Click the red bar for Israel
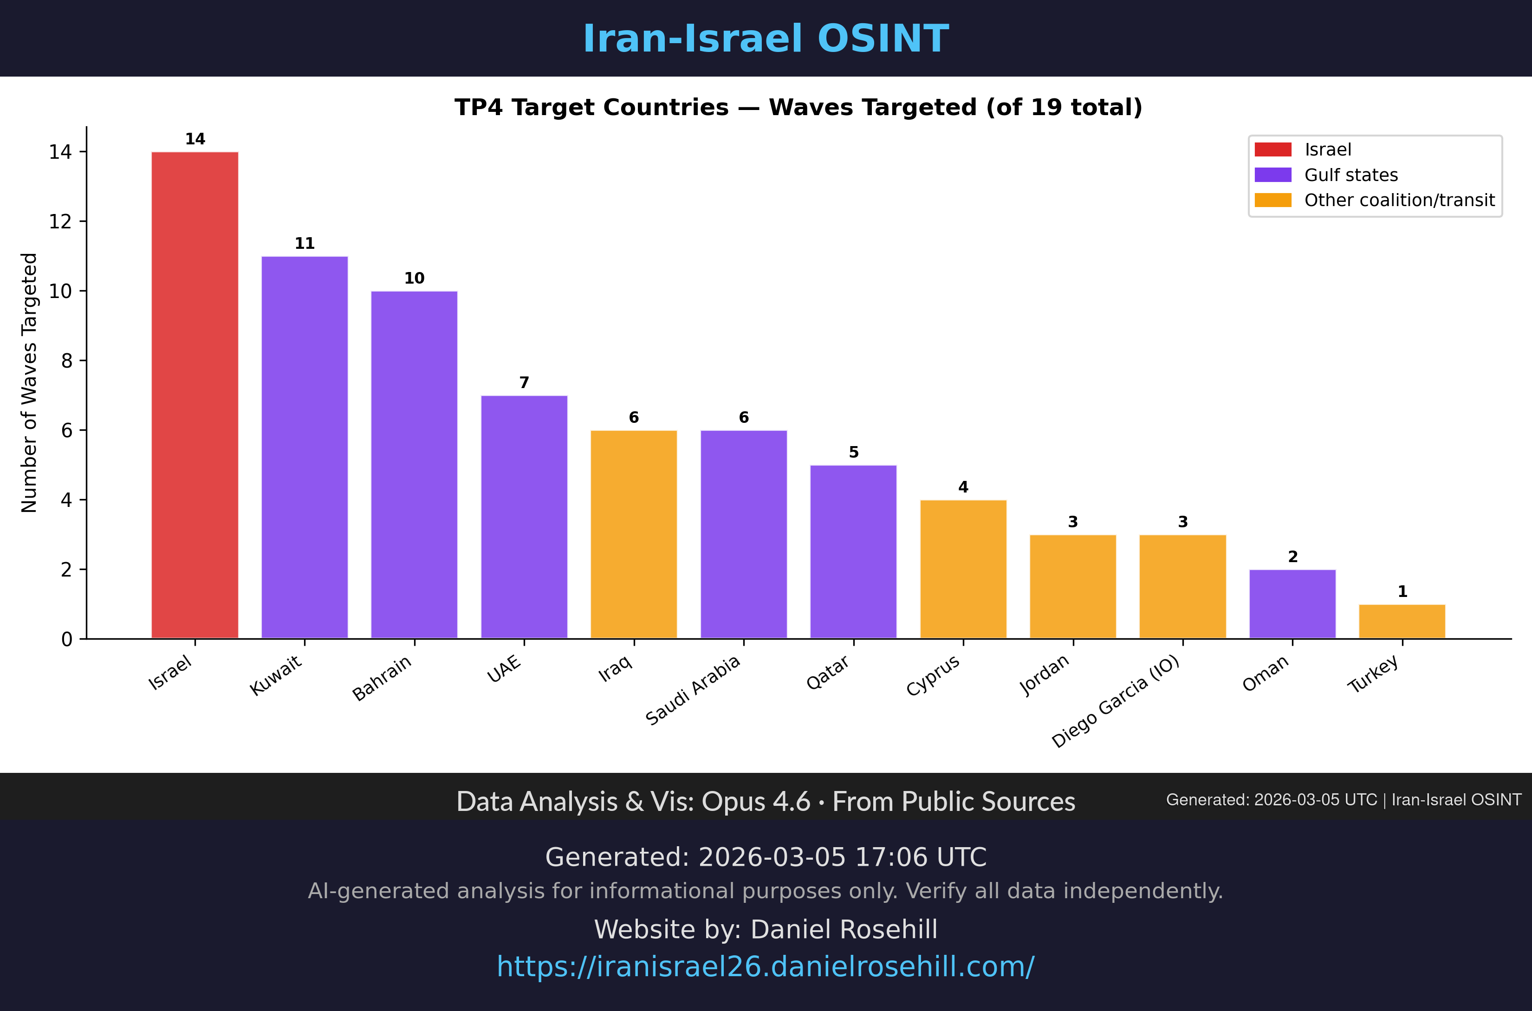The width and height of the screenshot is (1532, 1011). click(x=195, y=395)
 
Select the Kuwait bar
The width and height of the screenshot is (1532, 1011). click(x=305, y=447)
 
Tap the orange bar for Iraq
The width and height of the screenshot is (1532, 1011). click(x=634, y=534)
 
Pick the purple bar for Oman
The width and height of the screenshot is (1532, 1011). click(x=1292, y=604)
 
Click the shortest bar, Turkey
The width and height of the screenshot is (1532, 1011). click(x=1402, y=622)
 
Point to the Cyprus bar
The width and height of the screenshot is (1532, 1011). click(x=963, y=569)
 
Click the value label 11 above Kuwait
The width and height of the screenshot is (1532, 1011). click(x=305, y=244)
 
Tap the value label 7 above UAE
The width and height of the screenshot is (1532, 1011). click(x=524, y=383)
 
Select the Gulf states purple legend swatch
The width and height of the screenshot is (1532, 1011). click(x=1273, y=175)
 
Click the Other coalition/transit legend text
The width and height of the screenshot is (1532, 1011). click(x=1399, y=201)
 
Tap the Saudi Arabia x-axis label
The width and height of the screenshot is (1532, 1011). click(x=693, y=691)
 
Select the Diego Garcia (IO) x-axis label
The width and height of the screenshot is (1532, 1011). click(x=1116, y=701)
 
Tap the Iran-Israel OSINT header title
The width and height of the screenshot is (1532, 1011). click(x=766, y=39)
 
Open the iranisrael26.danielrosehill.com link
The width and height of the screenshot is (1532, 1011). click(x=766, y=966)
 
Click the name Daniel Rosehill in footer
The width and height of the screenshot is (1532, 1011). click(x=844, y=930)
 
